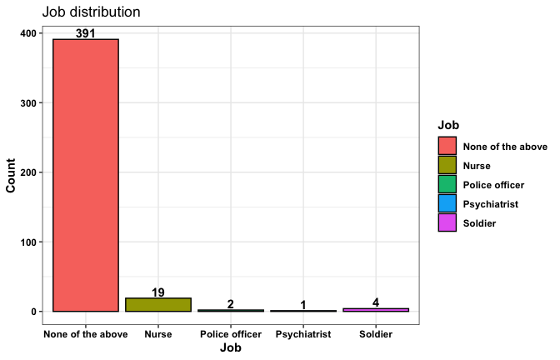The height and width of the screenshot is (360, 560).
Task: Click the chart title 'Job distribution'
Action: pos(91,12)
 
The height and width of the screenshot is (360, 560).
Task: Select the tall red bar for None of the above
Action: pos(86,175)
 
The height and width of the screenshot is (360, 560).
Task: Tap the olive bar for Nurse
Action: pos(158,304)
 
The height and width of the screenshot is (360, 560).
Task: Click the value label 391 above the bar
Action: pos(86,33)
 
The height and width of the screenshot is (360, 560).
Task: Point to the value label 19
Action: pos(158,292)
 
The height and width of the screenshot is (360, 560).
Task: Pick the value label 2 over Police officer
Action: pos(231,304)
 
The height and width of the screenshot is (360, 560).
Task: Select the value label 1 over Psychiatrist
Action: pos(303,305)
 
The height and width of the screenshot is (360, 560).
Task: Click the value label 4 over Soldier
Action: pos(376,302)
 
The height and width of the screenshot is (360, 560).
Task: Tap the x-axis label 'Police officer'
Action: pos(231,334)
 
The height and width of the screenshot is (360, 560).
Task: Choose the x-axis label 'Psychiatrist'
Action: pos(303,334)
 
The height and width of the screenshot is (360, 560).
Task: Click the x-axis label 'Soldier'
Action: pos(376,334)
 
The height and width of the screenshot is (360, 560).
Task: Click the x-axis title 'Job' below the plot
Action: pos(231,349)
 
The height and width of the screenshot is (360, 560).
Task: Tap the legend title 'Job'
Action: pos(448,125)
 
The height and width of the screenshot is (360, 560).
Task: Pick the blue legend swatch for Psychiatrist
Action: pos(448,203)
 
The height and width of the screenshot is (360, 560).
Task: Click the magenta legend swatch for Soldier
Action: pos(448,222)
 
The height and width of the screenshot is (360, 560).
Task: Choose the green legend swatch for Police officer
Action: pos(448,184)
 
